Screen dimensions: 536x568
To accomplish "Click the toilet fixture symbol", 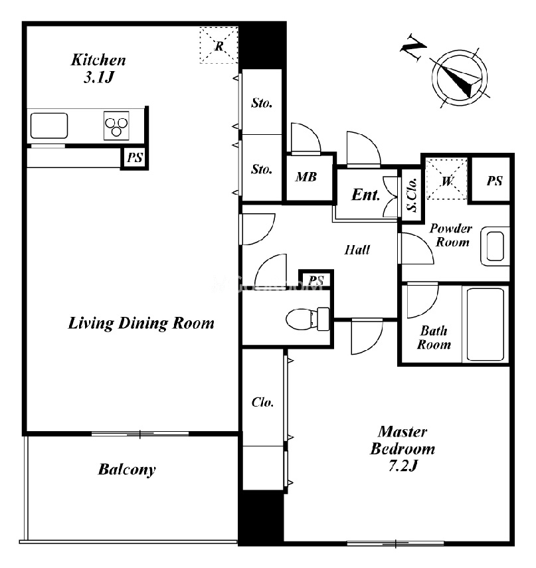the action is click(308, 319).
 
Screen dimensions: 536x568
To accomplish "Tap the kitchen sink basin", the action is click(49, 126).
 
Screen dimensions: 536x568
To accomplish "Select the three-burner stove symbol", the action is click(116, 126).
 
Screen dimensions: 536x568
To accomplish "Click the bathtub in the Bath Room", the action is click(486, 324).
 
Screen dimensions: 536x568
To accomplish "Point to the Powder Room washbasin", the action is click(495, 246).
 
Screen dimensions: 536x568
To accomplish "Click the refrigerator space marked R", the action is click(219, 45).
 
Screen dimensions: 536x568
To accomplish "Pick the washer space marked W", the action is click(447, 179).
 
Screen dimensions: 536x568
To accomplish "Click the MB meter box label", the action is click(306, 177).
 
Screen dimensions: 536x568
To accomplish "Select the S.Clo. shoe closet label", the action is click(412, 195).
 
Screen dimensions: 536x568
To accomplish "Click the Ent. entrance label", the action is click(365, 195).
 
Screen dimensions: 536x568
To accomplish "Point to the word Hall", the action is click(357, 250).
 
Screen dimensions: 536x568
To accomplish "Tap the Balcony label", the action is click(127, 470).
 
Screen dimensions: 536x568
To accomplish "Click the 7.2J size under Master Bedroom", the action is click(403, 466).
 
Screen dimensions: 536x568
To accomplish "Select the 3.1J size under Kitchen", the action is click(99, 77).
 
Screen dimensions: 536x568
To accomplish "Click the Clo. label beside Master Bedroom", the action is click(262, 402).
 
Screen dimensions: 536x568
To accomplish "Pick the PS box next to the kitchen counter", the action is click(135, 157).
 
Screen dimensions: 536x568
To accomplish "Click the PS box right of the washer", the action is click(494, 180).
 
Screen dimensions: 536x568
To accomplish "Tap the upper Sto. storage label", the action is click(262, 103).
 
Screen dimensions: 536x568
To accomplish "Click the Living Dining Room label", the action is click(141, 323).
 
